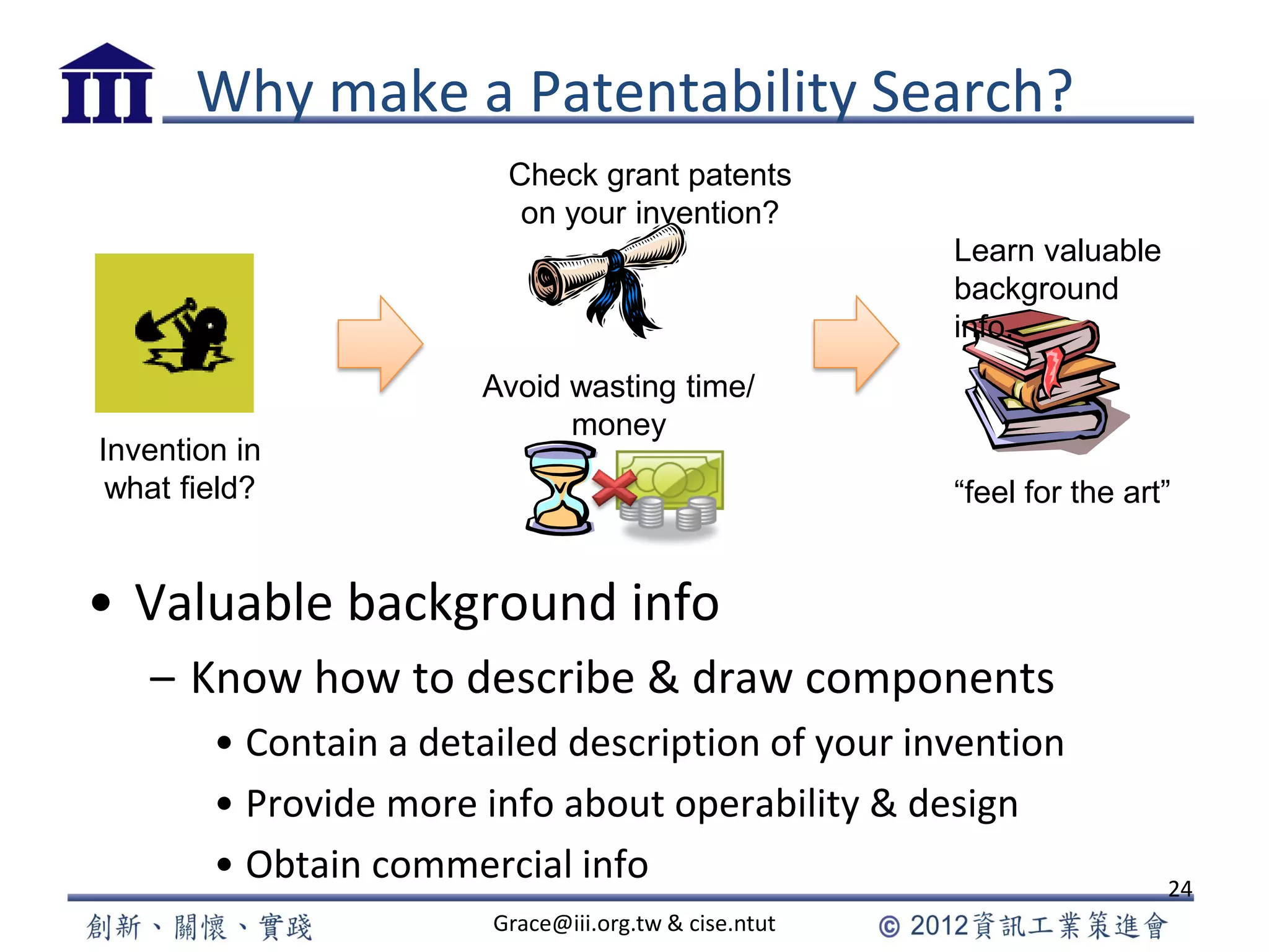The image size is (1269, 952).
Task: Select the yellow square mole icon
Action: point(174,333)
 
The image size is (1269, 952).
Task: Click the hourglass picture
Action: point(558,488)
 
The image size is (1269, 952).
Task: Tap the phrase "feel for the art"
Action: point(1061,493)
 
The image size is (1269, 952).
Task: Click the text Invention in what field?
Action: point(179,469)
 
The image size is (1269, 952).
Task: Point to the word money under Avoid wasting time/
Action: point(618,425)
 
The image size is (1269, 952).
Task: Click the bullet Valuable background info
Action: point(426,602)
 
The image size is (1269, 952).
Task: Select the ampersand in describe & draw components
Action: point(662,677)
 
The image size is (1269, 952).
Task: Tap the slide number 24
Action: point(1179,889)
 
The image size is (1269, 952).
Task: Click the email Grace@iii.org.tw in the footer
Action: point(577,923)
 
